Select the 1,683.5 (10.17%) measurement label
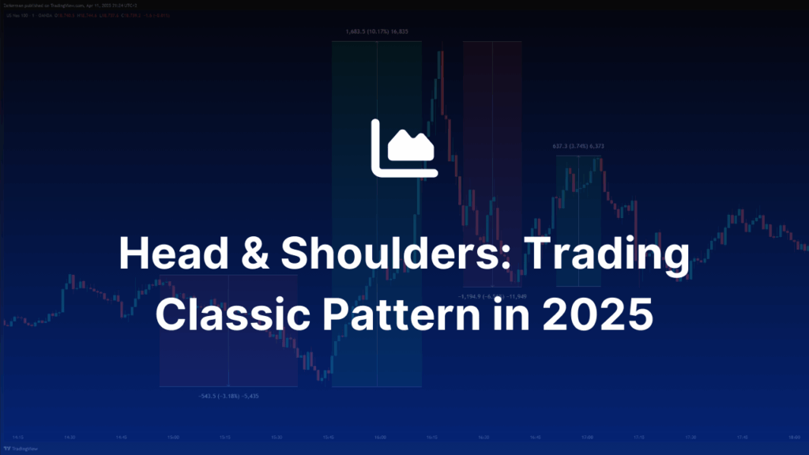[x=376, y=32]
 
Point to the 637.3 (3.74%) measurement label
[x=578, y=147]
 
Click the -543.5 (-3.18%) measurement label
[x=228, y=395]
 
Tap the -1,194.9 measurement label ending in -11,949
[x=492, y=295]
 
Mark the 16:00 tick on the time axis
[x=380, y=437]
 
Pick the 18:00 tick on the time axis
[x=793, y=437]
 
